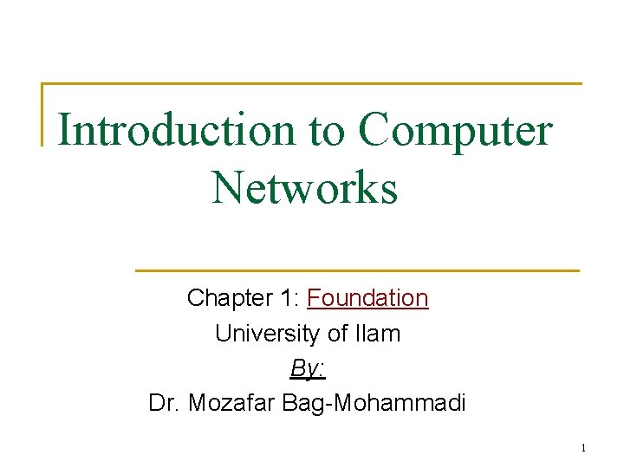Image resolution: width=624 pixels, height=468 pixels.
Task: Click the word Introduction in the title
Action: [x=178, y=131]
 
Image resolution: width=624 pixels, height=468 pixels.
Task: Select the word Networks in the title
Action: [x=304, y=187]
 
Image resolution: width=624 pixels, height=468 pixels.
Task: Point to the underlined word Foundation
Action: [x=367, y=298]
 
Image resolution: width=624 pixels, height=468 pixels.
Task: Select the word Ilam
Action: [x=378, y=333]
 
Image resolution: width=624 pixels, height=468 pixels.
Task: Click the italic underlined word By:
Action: [x=308, y=367]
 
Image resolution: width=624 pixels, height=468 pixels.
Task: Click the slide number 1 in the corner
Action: [x=583, y=448]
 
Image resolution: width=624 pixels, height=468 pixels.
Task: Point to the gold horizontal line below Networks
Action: [x=357, y=270]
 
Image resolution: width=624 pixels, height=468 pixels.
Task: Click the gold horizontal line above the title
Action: [x=312, y=84]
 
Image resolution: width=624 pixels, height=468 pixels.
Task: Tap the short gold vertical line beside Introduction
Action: [x=43, y=114]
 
